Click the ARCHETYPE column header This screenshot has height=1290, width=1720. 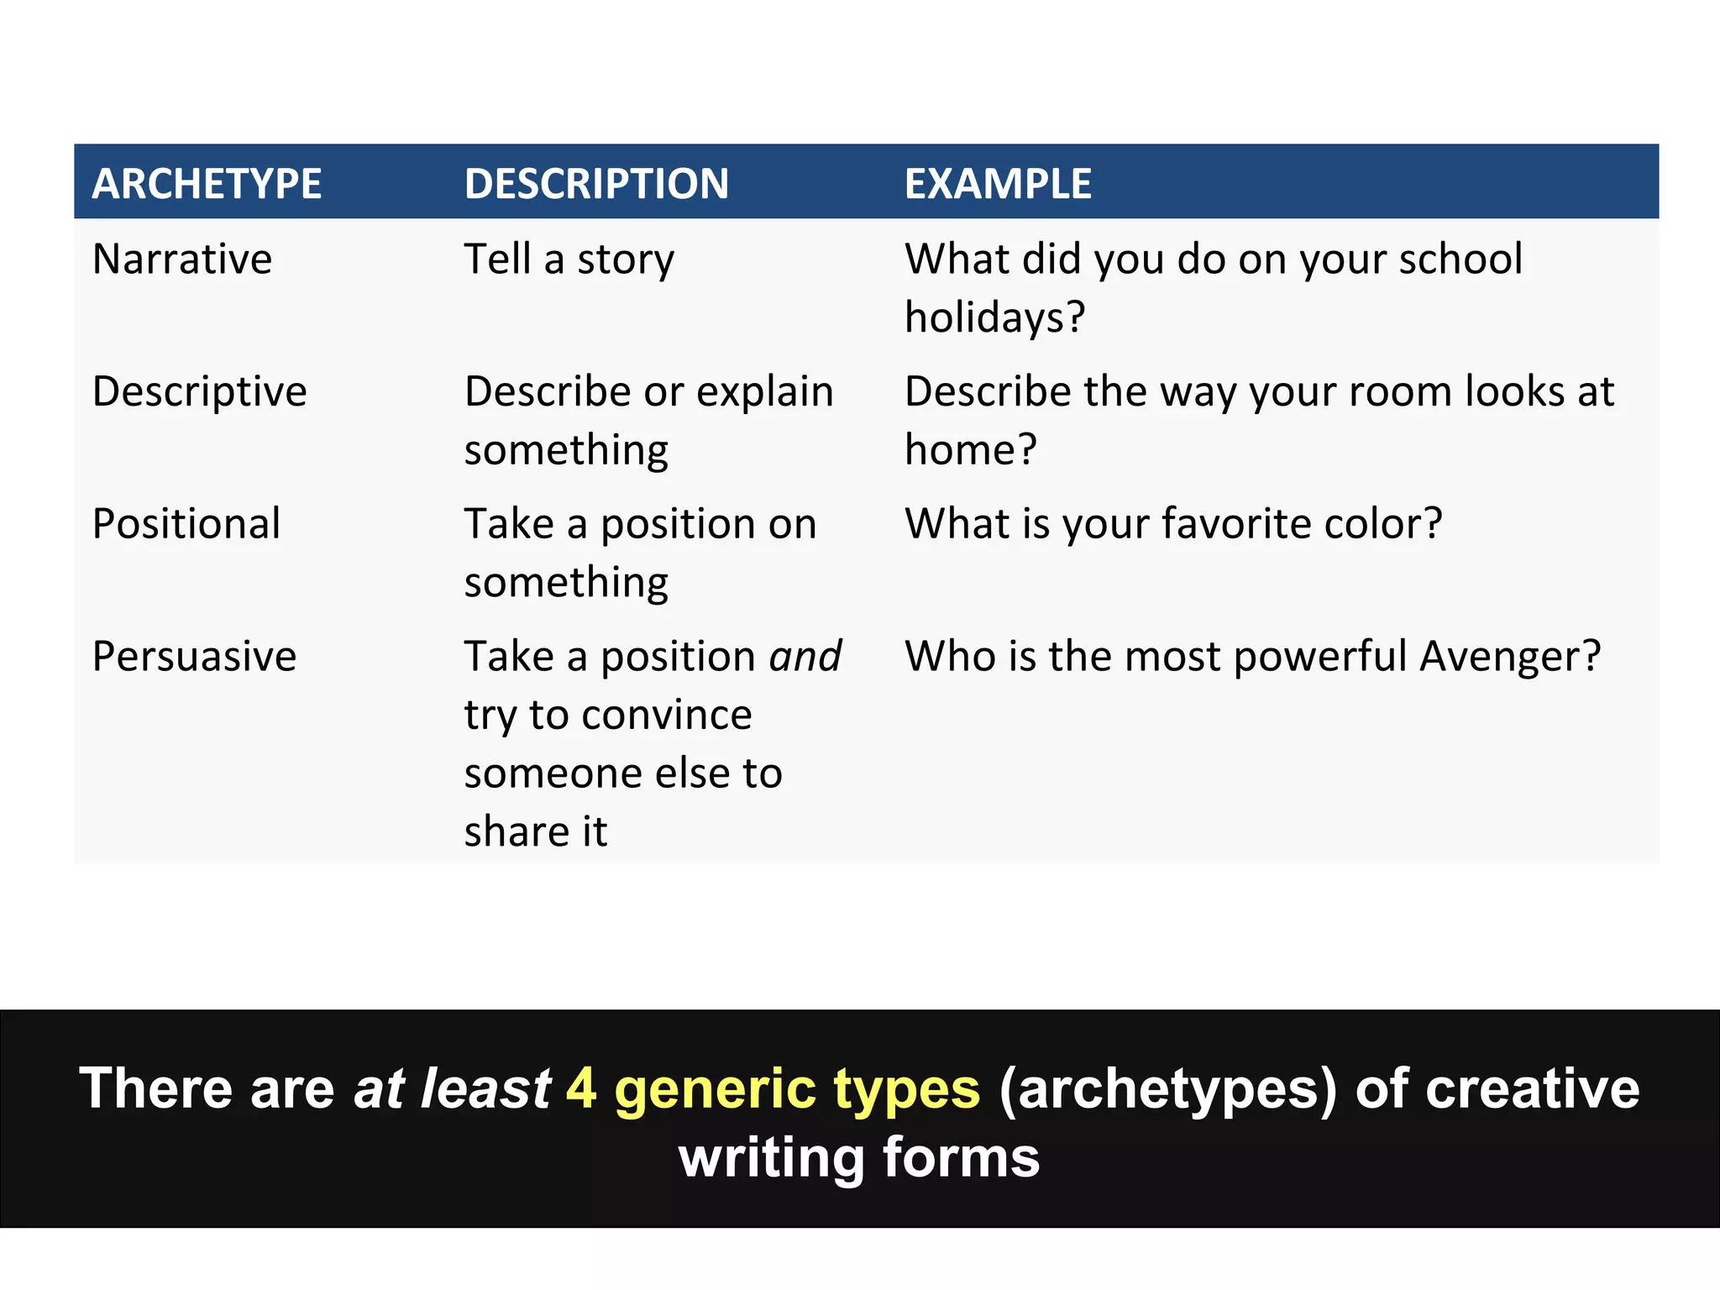point(207,184)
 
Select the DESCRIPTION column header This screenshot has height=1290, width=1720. point(596,184)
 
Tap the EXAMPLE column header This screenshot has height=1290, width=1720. point(998,184)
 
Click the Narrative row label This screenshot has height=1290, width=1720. point(182,259)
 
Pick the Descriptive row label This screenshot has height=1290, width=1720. point(200,391)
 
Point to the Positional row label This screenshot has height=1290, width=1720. point(186,524)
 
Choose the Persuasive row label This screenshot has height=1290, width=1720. point(194,657)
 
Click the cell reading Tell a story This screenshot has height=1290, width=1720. point(569,259)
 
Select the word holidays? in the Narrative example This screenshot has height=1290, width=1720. point(994,317)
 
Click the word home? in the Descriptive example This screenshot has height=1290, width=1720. point(970,450)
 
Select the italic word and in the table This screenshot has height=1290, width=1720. point(805,657)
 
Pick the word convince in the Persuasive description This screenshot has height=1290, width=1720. point(666,716)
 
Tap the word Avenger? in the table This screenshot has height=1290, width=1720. point(1510,657)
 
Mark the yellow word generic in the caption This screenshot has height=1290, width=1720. point(715,1090)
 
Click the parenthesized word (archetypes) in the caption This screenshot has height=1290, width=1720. point(1167,1090)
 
